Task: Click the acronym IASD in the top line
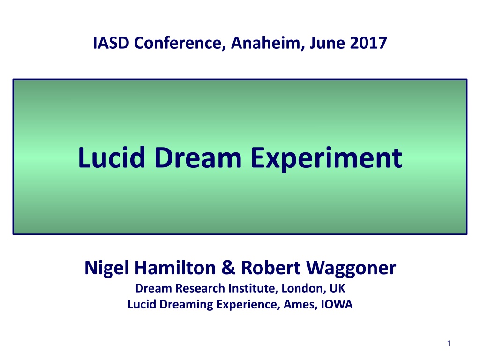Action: coord(111,43)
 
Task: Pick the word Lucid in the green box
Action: coord(112,157)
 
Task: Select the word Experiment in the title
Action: coord(326,158)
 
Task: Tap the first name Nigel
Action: coord(106,268)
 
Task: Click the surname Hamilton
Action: coord(175,268)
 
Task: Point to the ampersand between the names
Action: coord(228,268)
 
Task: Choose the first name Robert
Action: coord(271,268)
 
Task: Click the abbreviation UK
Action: coord(337,288)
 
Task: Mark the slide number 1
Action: coord(449,344)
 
